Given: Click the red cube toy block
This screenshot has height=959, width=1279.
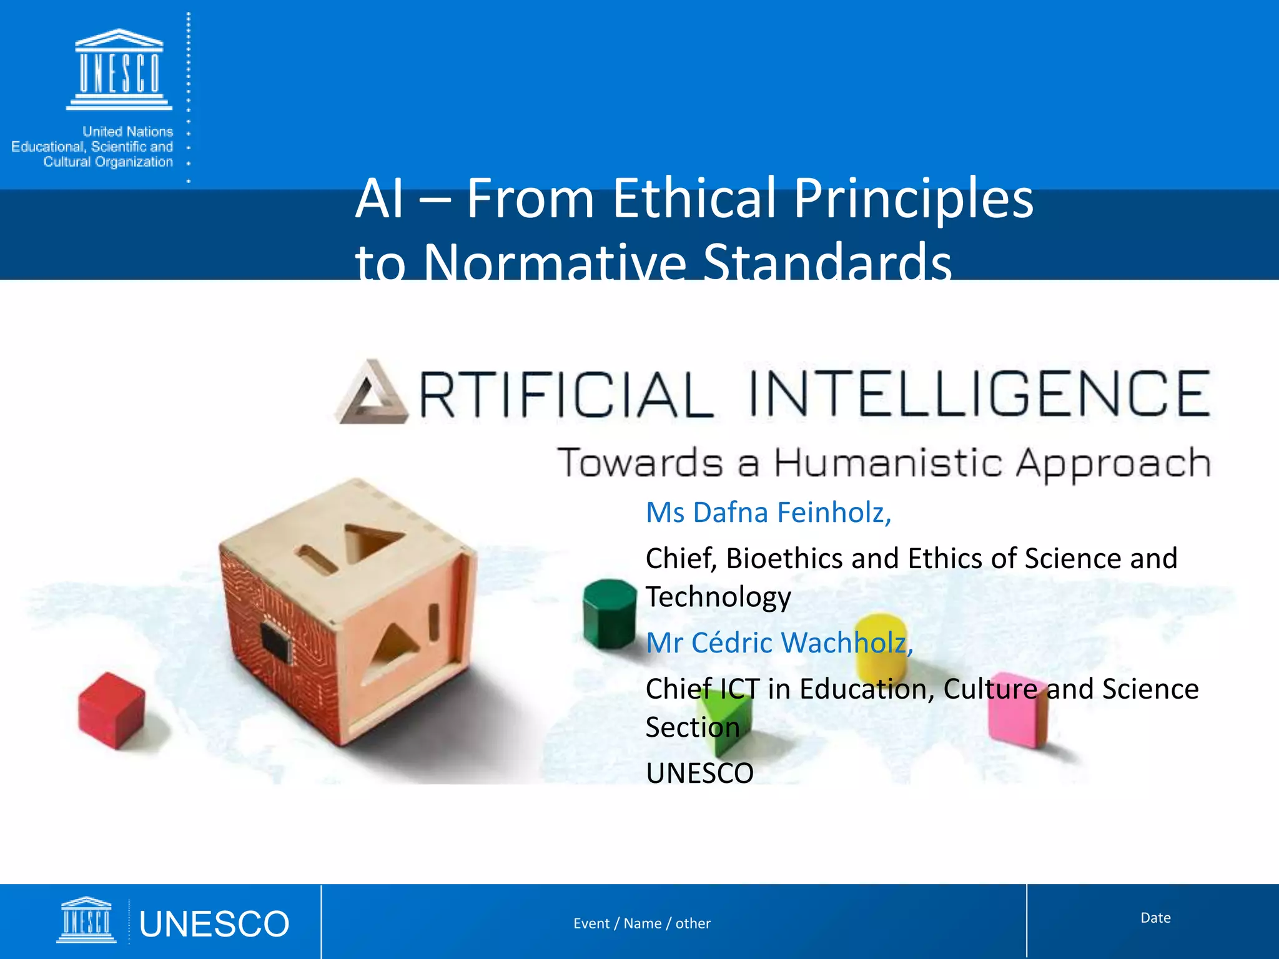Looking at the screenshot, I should coord(111,710).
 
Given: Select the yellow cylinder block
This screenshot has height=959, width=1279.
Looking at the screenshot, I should coord(881,646).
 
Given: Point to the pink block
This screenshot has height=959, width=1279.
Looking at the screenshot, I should coord(1017,710).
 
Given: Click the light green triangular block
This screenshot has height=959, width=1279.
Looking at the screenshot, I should coord(724,715).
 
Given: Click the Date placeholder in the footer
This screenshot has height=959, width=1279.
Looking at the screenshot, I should coord(1155,918).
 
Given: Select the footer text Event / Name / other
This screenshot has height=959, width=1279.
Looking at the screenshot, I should coord(642,923).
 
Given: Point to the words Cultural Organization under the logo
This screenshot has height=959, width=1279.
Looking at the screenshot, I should coord(108,162).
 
